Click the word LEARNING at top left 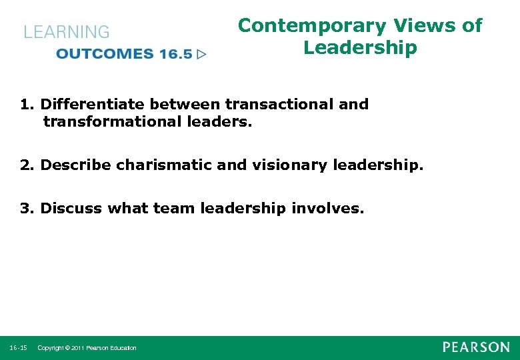(x=67, y=32)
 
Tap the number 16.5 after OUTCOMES (x=175, y=54)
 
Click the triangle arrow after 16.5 (x=202, y=54)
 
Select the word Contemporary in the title (x=312, y=26)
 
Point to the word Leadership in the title (x=360, y=48)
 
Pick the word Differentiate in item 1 (x=93, y=104)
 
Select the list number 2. (x=25, y=165)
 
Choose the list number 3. (x=25, y=208)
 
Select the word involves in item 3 (x=328, y=208)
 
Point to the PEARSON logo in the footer (x=476, y=347)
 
